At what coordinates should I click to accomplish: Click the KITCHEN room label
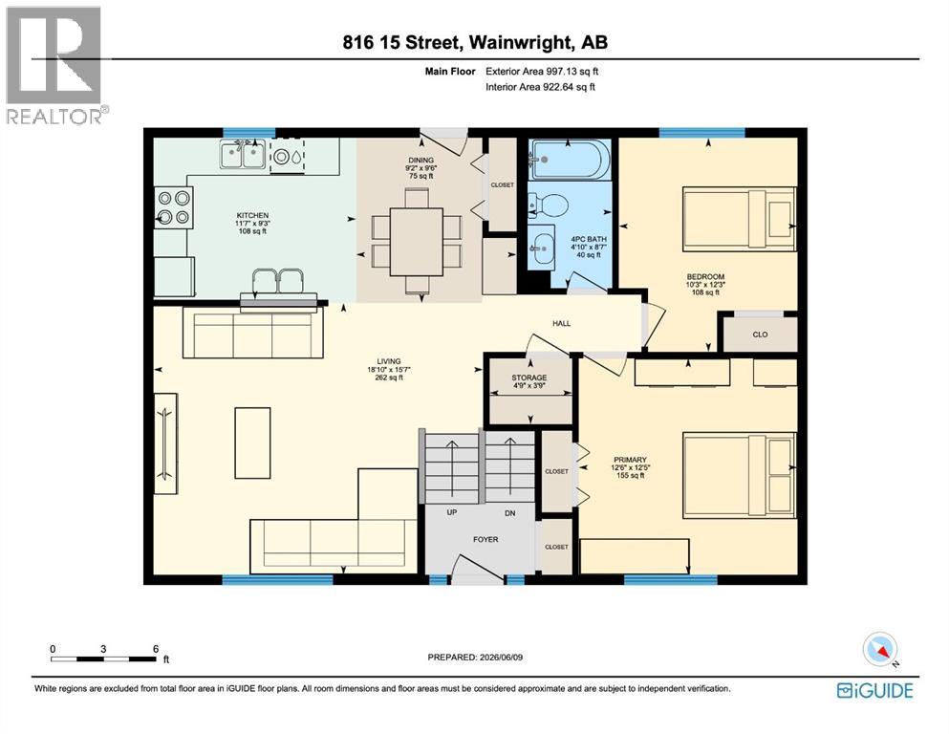click(x=252, y=215)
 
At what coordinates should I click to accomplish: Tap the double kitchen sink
click(x=243, y=154)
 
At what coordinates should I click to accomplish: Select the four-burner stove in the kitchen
click(x=173, y=207)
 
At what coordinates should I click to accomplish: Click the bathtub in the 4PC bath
click(x=570, y=160)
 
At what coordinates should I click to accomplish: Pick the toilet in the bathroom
click(x=546, y=205)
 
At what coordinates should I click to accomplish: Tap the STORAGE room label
click(x=528, y=378)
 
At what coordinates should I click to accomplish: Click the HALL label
click(x=561, y=323)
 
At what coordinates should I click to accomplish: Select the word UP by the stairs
click(x=451, y=512)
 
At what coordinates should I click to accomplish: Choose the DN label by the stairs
click(x=510, y=513)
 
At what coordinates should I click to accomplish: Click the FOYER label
click(x=485, y=539)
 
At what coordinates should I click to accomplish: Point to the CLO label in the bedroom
click(x=760, y=334)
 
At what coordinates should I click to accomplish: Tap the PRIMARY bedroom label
click(x=630, y=460)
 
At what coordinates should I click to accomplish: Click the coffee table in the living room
click(x=252, y=443)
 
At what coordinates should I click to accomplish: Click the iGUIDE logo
click(x=875, y=690)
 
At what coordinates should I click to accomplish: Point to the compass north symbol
click(x=880, y=649)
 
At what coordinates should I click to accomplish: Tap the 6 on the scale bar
click(x=156, y=649)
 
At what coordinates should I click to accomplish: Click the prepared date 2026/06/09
click(x=500, y=657)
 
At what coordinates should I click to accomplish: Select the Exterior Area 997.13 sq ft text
click(x=542, y=71)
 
